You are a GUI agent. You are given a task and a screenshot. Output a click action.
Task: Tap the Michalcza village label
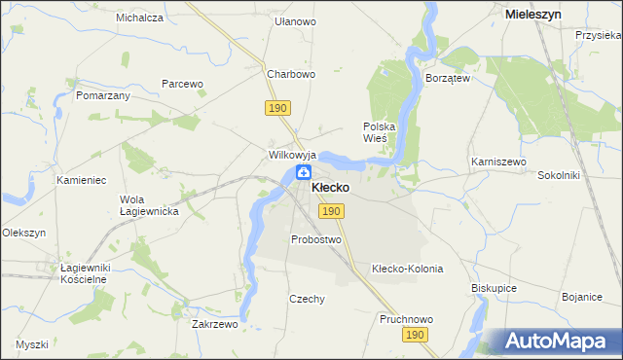tap(139, 18)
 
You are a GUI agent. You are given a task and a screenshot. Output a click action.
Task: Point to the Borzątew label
tap(448, 77)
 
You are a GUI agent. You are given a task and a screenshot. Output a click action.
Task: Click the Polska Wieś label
tap(380, 132)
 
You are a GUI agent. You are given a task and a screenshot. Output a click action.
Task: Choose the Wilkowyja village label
tap(293, 155)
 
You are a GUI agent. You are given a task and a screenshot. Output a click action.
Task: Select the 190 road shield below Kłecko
tap(331, 211)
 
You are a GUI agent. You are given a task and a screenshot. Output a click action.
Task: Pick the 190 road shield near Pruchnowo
tap(416, 335)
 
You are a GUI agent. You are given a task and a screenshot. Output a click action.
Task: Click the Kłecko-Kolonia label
tap(408, 269)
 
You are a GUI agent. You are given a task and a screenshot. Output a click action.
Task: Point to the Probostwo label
tap(316, 239)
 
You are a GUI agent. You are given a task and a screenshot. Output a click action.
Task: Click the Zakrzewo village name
tap(215, 325)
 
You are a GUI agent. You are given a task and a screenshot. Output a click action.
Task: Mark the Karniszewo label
tap(497, 162)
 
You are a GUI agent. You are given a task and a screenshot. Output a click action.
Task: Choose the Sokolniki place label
tap(559, 176)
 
